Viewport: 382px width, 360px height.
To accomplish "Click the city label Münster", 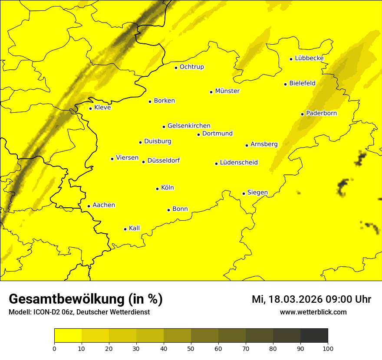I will (227, 91).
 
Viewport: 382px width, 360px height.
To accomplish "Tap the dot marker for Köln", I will (158, 189).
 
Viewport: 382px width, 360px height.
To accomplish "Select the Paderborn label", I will (322, 113).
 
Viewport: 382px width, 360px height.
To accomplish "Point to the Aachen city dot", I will (89, 206).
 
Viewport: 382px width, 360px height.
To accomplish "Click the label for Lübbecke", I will (309, 58).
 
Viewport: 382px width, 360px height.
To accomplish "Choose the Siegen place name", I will (257, 193).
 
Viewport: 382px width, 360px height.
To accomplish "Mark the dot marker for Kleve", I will (91, 108).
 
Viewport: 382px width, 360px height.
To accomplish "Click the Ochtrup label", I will (192, 67).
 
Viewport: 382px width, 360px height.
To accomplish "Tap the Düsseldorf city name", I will (164, 160).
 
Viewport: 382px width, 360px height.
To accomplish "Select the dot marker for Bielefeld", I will (286, 84).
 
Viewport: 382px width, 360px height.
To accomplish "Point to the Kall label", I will (135, 228).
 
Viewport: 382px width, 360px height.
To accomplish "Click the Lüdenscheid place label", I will (239, 163).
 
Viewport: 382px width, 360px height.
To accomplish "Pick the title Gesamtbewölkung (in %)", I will (86, 299).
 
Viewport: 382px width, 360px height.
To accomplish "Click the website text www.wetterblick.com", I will (313, 312).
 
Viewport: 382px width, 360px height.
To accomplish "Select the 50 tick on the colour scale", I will (191, 348).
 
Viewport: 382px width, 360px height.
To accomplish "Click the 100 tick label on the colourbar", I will (328, 348).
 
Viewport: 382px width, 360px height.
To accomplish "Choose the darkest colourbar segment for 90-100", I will (314, 336).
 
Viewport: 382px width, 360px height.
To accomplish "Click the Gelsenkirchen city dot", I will (164, 127).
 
